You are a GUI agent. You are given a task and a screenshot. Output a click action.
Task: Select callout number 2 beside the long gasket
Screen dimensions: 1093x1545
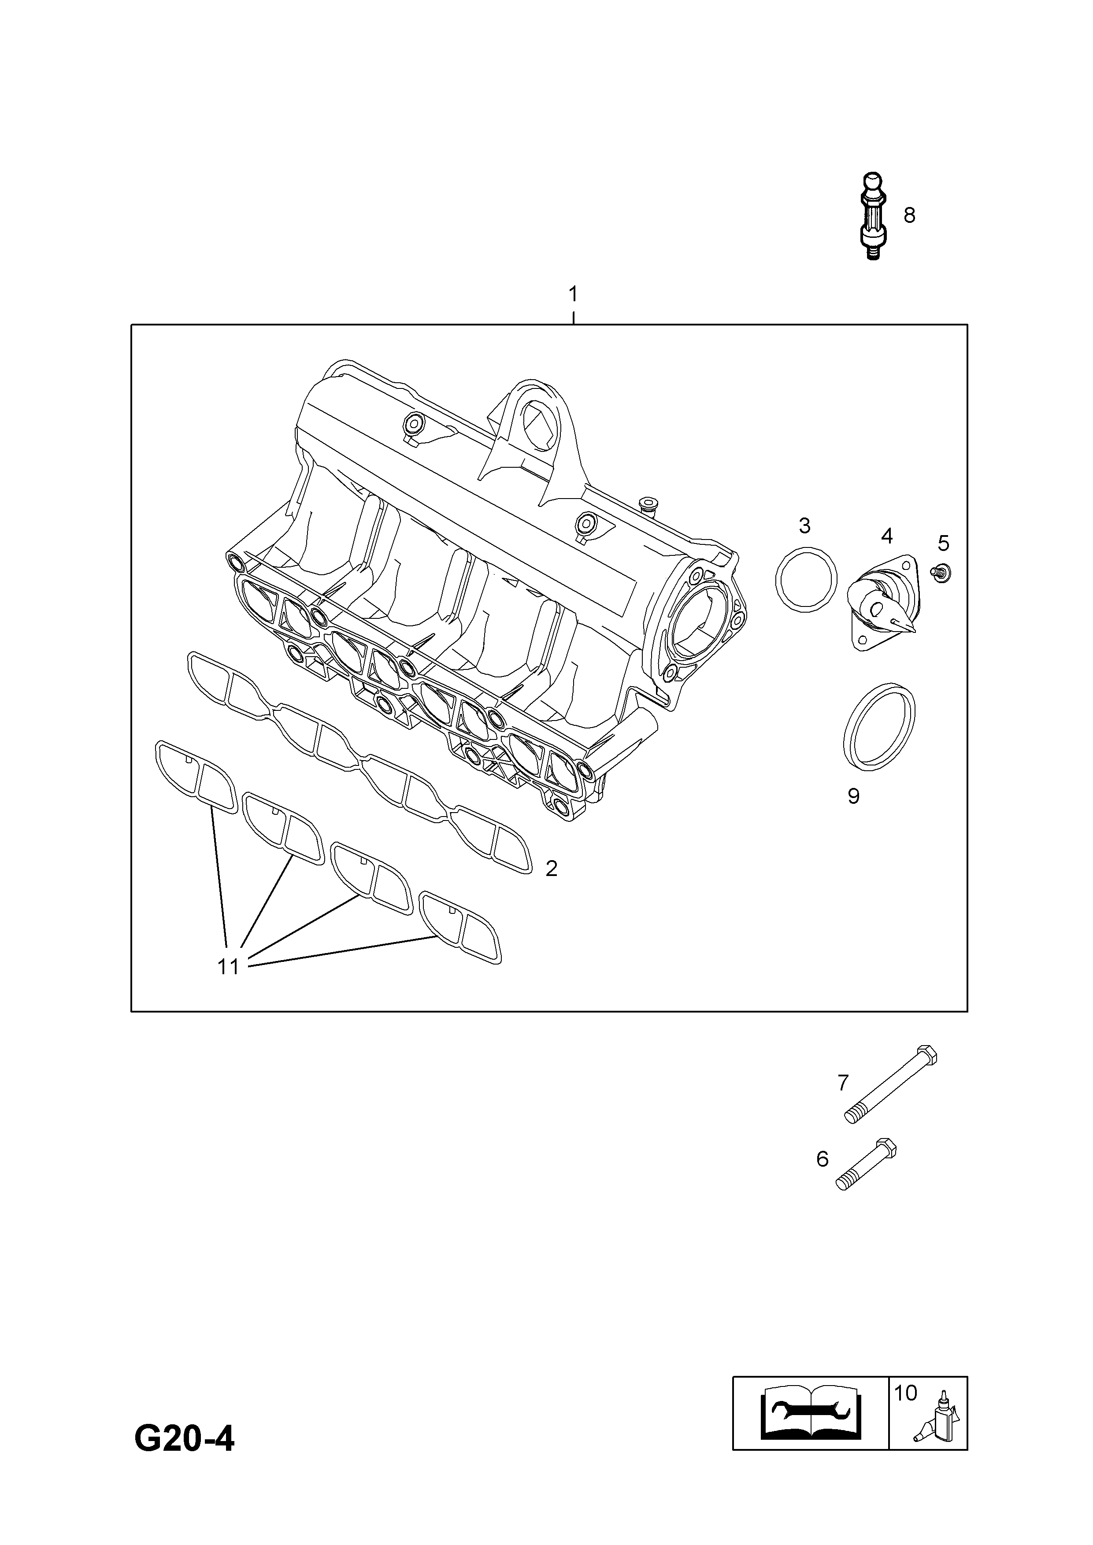pyautogui.click(x=551, y=869)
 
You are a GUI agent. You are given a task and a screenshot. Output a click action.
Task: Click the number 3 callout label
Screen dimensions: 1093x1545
pyautogui.click(x=805, y=525)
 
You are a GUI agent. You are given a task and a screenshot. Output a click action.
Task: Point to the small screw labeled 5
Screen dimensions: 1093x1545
pyautogui.click(x=941, y=573)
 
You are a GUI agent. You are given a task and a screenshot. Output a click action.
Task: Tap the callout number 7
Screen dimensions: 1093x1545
pyautogui.click(x=843, y=1083)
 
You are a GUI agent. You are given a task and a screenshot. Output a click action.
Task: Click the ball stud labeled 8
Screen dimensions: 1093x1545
pyautogui.click(x=874, y=217)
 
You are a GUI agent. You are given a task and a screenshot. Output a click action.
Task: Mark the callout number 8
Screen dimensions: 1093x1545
pyautogui.click(x=909, y=215)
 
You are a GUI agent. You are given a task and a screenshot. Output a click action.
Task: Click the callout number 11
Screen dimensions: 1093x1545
pyautogui.click(x=228, y=967)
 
